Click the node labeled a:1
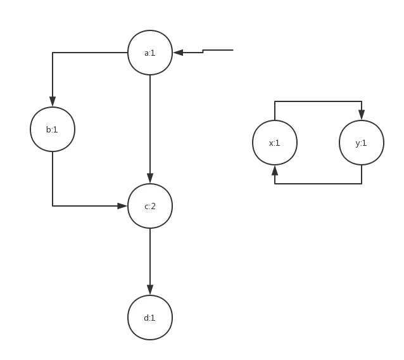click(149, 53)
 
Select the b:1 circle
click(53, 129)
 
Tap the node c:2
click(149, 206)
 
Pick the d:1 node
click(149, 318)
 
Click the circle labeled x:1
click(274, 143)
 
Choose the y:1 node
click(362, 143)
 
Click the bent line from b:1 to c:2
click(53, 184)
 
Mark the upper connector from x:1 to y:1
click(318, 100)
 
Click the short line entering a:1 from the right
click(215, 49)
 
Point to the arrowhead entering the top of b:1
click(53, 100)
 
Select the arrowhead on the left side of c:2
click(120, 205)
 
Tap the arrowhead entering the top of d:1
click(149, 288)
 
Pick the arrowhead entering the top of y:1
click(362, 112)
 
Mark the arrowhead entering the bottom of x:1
click(274, 172)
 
